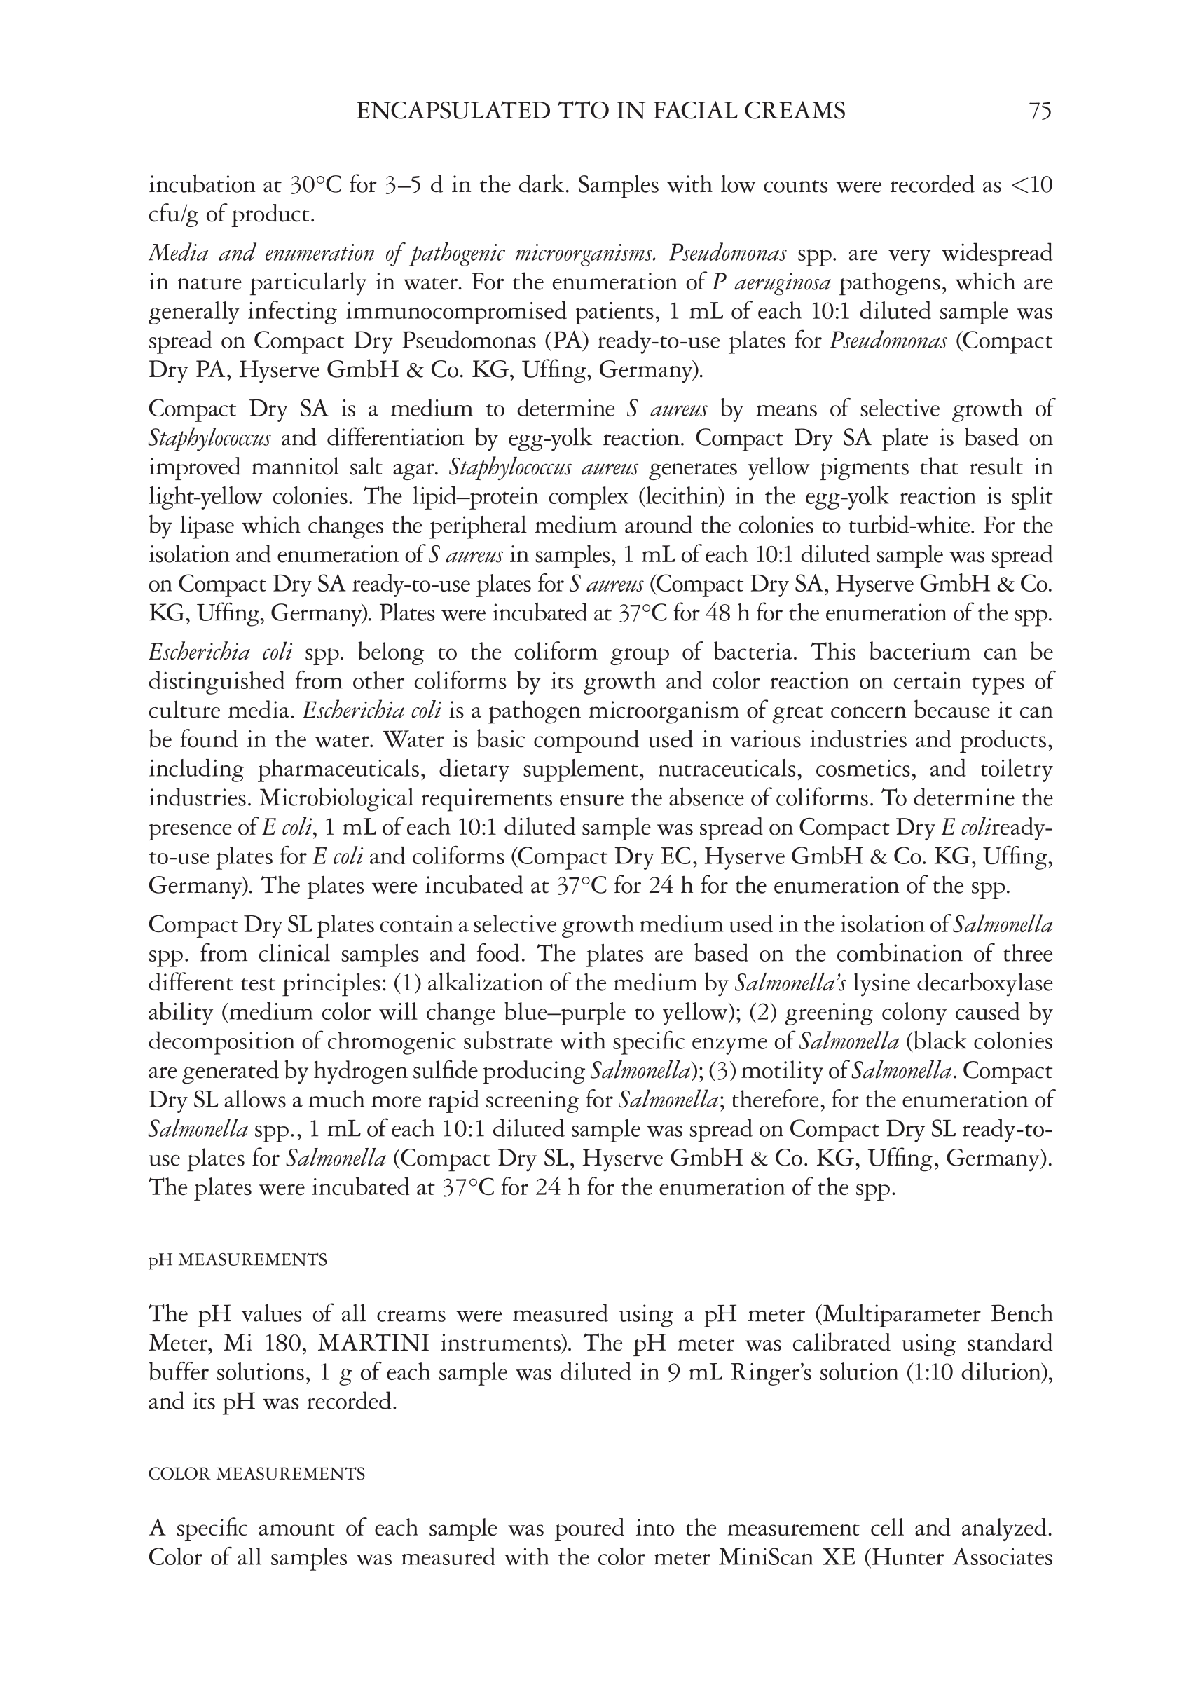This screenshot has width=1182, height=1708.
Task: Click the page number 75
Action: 1040,111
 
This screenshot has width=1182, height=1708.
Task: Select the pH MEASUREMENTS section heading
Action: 238,1260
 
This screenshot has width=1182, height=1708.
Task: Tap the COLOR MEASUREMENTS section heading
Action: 256,1474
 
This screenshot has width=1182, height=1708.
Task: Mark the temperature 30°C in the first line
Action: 315,185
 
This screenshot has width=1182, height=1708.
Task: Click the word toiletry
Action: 1015,770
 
